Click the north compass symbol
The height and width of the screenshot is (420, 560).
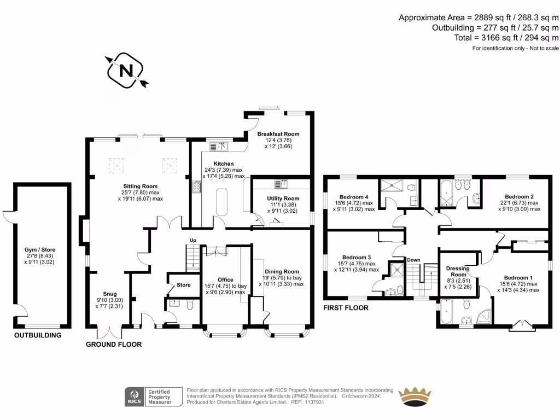click(127, 71)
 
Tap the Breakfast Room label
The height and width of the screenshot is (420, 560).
click(279, 134)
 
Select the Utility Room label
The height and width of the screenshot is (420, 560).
click(283, 199)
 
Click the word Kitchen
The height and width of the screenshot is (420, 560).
click(224, 164)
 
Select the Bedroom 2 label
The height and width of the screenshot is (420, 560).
click(519, 197)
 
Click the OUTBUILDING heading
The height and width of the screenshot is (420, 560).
click(38, 335)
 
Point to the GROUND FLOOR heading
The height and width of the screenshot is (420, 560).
click(114, 345)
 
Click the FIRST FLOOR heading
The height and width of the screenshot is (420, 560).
click(346, 308)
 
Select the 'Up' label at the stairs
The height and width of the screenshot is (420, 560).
click(192, 241)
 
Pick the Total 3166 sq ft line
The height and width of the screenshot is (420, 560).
click(506, 38)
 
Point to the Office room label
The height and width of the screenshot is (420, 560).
click(225, 280)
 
